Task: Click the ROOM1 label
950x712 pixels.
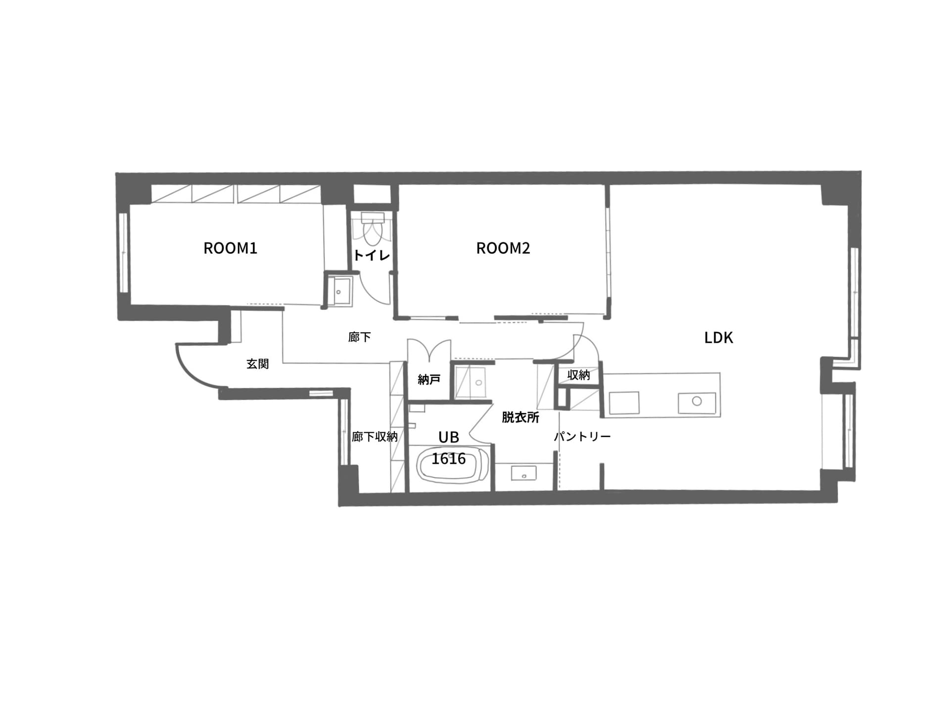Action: coord(231,248)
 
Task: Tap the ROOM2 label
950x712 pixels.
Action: coord(503,248)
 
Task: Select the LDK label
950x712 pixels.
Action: coord(718,338)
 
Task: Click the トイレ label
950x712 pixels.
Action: coord(372,256)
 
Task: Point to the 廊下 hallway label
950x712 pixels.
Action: coord(359,337)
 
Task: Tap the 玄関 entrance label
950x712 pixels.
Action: coord(258,364)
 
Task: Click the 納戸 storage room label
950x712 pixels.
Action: coord(429,379)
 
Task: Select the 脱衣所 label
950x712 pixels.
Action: coord(521,417)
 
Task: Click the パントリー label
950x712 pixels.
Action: coord(582,437)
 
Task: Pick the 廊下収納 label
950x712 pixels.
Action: coord(375,437)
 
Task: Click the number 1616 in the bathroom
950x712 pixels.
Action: coord(449,459)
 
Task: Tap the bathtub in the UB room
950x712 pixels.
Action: coord(448,465)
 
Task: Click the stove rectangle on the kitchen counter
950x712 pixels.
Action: coord(624,403)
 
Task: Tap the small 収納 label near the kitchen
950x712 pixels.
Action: coord(578,375)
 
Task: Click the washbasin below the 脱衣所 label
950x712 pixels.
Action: coord(524,474)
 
